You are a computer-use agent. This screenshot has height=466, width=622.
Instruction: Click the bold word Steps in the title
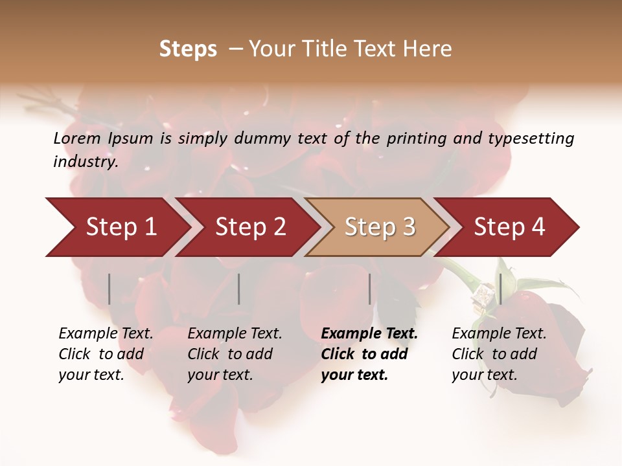(188, 49)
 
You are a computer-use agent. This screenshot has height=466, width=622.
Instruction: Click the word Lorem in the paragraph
(77, 139)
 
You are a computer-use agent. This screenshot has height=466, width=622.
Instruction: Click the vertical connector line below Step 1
(109, 289)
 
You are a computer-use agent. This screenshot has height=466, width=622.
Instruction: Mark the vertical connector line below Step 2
(239, 289)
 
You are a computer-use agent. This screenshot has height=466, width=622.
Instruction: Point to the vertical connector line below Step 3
(370, 289)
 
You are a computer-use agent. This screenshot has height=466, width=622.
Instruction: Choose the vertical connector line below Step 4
(500, 289)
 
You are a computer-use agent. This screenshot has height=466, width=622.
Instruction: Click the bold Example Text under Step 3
(369, 334)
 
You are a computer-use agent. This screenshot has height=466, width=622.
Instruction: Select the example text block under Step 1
(106, 354)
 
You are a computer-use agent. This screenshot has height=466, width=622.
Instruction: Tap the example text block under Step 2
(235, 354)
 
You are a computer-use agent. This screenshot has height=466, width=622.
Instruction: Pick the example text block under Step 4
(499, 354)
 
